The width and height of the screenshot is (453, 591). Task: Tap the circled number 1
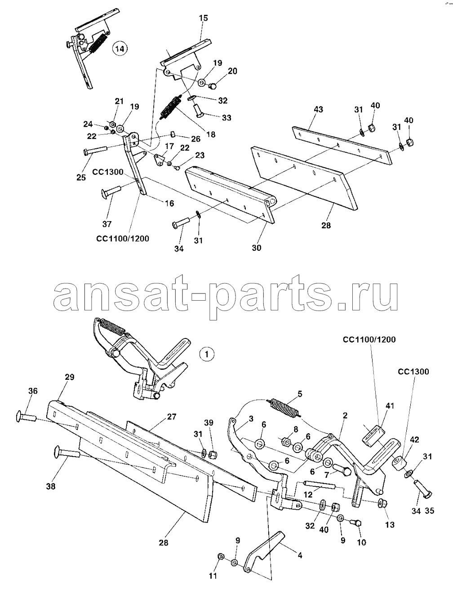206,354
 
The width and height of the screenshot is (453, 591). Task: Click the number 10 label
361,542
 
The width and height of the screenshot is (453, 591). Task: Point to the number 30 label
257,248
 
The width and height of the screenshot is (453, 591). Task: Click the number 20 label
232,71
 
